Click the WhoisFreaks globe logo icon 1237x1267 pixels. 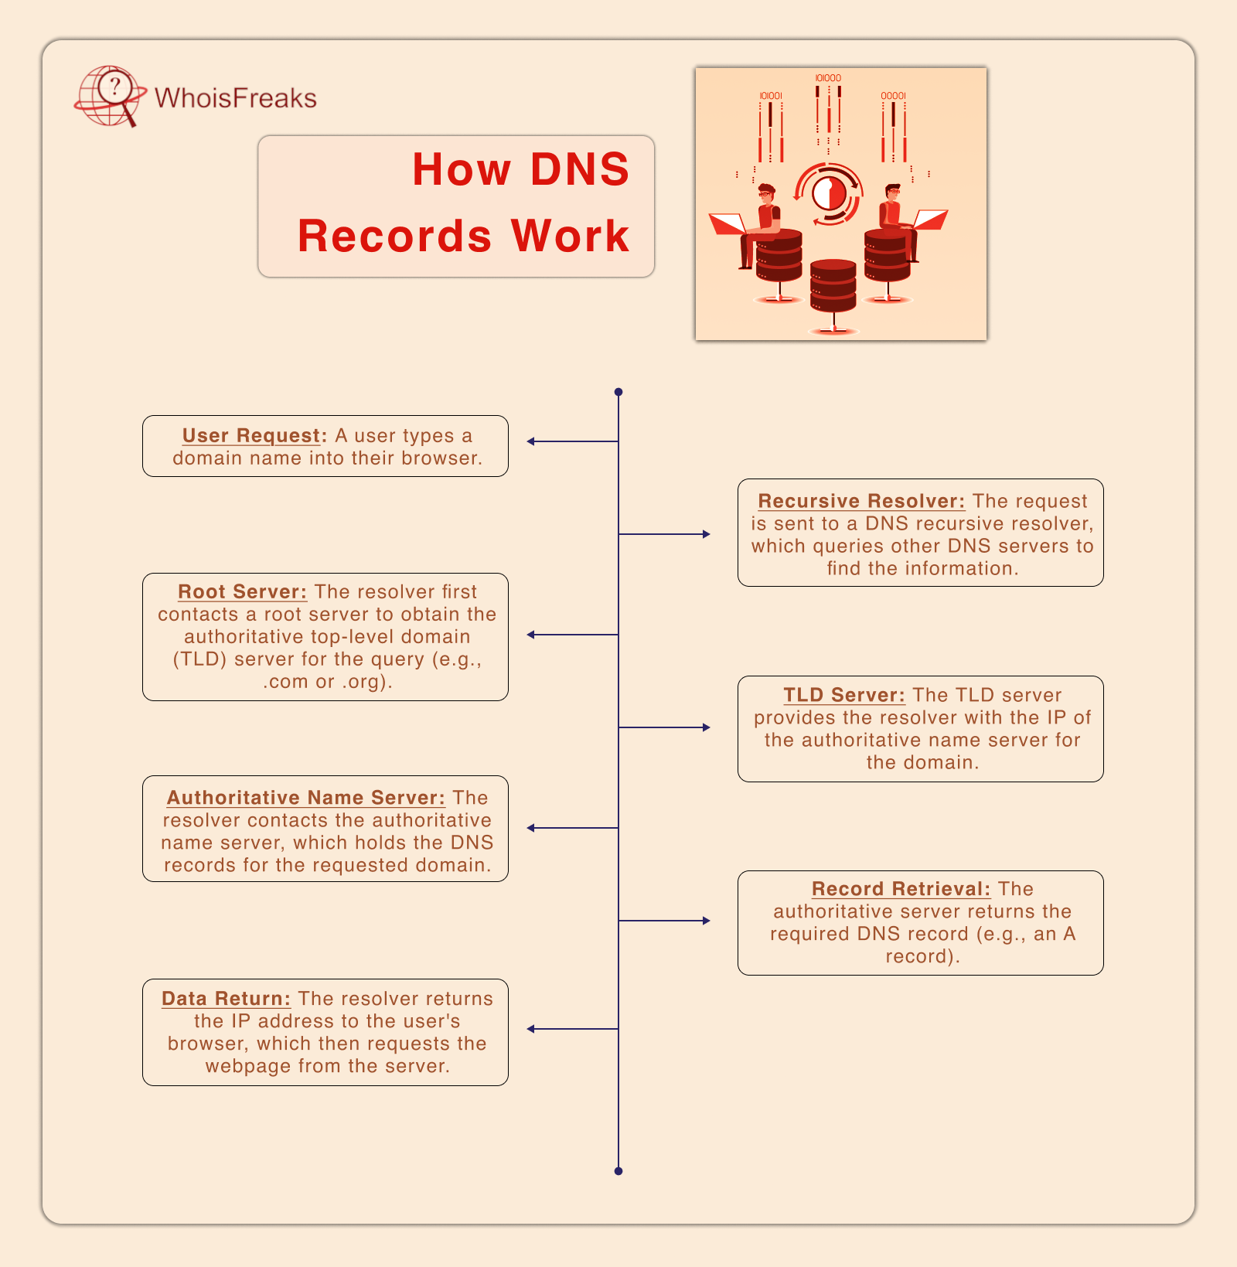click(110, 96)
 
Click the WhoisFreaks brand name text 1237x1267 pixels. click(236, 98)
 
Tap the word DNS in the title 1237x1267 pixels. click(580, 169)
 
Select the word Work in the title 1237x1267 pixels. click(570, 236)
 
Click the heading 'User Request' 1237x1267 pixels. click(251, 436)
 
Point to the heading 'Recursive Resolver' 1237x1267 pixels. click(861, 501)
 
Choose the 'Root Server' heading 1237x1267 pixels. click(242, 592)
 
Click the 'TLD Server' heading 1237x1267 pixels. click(844, 695)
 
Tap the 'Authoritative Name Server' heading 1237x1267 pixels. click(306, 798)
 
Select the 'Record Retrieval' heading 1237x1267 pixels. click(901, 889)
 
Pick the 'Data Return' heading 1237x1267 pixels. click(226, 999)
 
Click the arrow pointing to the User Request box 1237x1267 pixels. click(532, 441)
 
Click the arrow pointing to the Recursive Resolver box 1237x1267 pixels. click(705, 534)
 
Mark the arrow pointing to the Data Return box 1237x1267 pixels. click(532, 1029)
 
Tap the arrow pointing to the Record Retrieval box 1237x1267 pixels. click(705, 921)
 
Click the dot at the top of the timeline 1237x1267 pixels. click(618, 392)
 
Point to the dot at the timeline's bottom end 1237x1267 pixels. click(618, 1171)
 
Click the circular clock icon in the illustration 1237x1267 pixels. click(829, 193)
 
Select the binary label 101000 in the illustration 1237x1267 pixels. click(828, 78)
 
